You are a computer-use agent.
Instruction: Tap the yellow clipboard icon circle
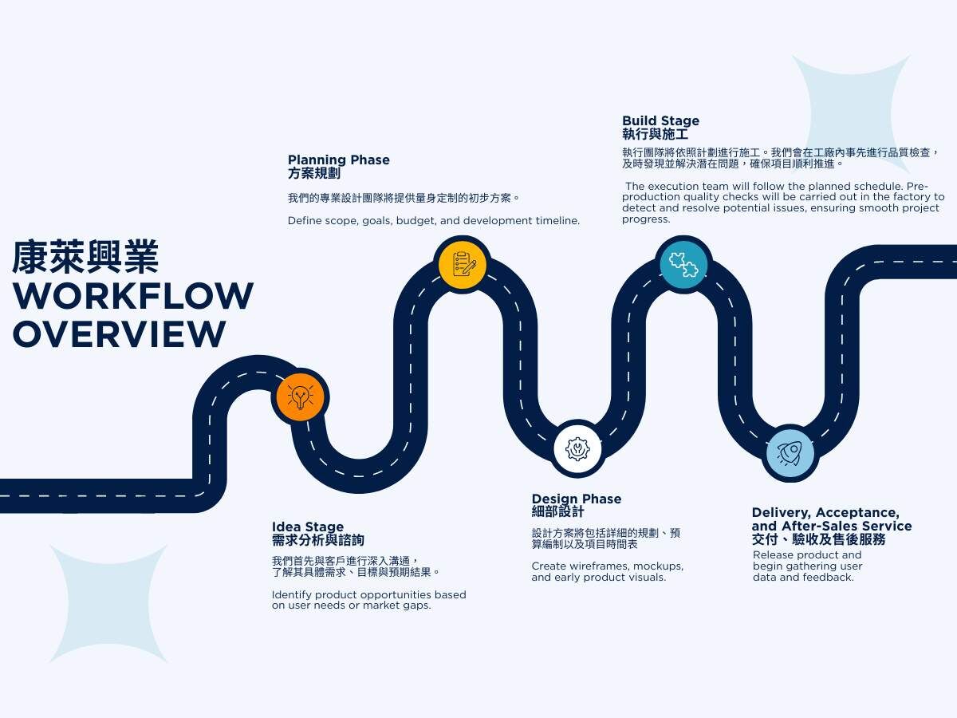(463, 264)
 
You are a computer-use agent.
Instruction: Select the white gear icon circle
(577, 448)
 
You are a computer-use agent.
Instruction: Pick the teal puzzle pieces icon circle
(683, 263)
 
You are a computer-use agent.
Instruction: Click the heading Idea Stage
(308, 527)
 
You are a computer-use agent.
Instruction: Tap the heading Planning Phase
(339, 160)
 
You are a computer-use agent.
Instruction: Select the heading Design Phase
(577, 499)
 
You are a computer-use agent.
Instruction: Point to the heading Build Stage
(660, 121)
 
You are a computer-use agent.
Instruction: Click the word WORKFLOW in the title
(133, 296)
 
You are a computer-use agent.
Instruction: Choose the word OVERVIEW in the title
(119, 333)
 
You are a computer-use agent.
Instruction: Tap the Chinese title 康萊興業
(85, 257)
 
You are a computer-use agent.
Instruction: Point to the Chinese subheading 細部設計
(557, 512)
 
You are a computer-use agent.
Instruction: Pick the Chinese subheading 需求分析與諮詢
(317, 540)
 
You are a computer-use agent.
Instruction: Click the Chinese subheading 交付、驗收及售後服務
(818, 540)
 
